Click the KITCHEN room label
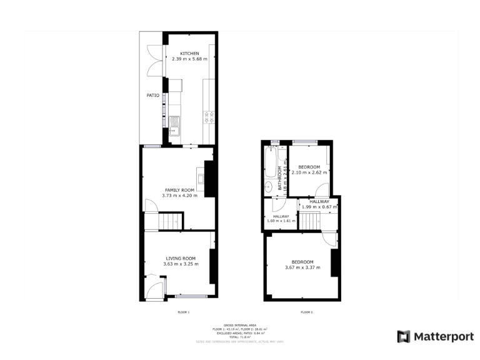pyautogui.click(x=190, y=54)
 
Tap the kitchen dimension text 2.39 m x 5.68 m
pyautogui.click(x=190, y=59)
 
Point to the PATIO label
pyautogui.click(x=153, y=96)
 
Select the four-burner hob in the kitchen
pyautogui.click(x=209, y=115)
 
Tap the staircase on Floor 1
pyautogui.click(x=171, y=221)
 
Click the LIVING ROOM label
pyautogui.click(x=181, y=258)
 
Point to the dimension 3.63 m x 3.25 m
pyautogui.click(x=181, y=264)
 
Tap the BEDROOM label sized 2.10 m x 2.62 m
pyautogui.click(x=309, y=167)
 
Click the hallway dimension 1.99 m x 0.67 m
pyautogui.click(x=319, y=207)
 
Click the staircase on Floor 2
pyautogui.click(x=309, y=221)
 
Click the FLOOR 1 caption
pyautogui.click(x=184, y=312)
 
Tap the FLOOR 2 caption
pyautogui.click(x=307, y=312)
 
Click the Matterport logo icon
pyautogui.click(x=404, y=336)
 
